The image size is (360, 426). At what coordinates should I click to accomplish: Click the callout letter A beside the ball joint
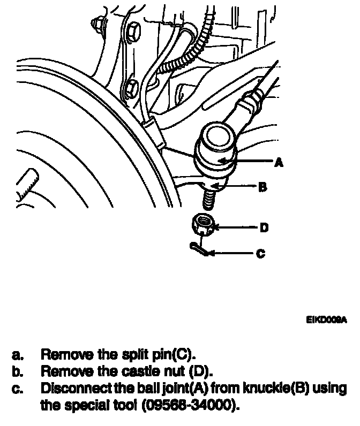279,162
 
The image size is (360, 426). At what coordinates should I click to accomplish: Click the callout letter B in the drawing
262,187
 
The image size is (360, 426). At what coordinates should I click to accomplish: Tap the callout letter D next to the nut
264,228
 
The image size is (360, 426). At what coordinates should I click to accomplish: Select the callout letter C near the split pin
261,254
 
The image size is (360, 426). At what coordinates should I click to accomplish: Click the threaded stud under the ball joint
209,200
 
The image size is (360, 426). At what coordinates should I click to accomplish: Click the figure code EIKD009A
326,320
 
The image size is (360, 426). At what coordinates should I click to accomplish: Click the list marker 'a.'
19,354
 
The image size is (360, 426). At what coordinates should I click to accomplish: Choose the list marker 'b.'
19,370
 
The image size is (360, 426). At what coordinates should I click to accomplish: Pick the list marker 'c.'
19,388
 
